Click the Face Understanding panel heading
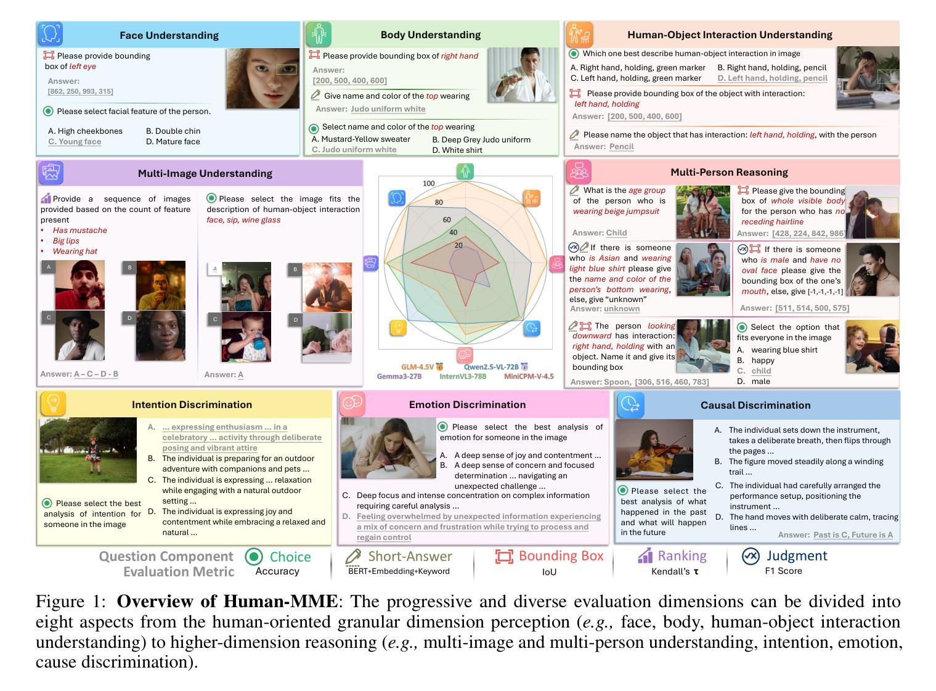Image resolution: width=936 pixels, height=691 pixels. [169, 35]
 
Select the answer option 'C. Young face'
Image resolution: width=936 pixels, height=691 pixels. [75, 142]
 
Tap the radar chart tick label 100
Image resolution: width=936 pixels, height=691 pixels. [429, 184]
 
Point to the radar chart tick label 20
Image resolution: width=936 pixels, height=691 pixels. [458, 245]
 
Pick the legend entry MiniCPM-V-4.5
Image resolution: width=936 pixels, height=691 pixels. [528, 377]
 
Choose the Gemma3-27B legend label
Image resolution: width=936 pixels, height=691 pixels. [399, 377]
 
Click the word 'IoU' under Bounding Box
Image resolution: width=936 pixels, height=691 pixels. [549, 572]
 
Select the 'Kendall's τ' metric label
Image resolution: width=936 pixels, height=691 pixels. [675, 571]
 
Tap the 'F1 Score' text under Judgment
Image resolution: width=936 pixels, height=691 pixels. [783, 571]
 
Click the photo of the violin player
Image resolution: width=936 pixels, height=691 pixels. [654, 449]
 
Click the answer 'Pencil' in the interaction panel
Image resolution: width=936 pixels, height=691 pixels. [621, 147]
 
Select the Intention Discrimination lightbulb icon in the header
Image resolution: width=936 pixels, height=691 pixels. [53, 404]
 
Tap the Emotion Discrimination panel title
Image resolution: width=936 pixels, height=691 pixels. [467, 404]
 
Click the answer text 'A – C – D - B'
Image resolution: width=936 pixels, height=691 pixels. [96, 374]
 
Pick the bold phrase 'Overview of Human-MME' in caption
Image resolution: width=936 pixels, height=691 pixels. [227, 602]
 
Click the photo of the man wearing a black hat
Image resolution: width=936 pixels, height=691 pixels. [79, 335]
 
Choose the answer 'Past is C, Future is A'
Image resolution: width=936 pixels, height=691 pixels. [853, 535]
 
